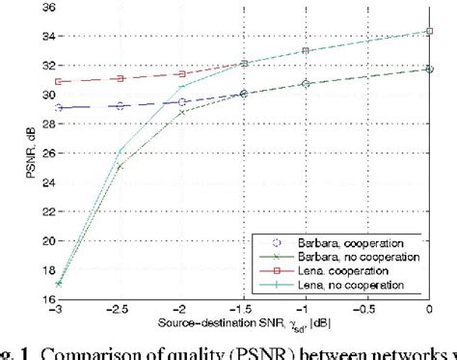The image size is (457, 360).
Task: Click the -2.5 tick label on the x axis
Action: click(120, 309)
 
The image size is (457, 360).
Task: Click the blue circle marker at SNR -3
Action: click(59, 107)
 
